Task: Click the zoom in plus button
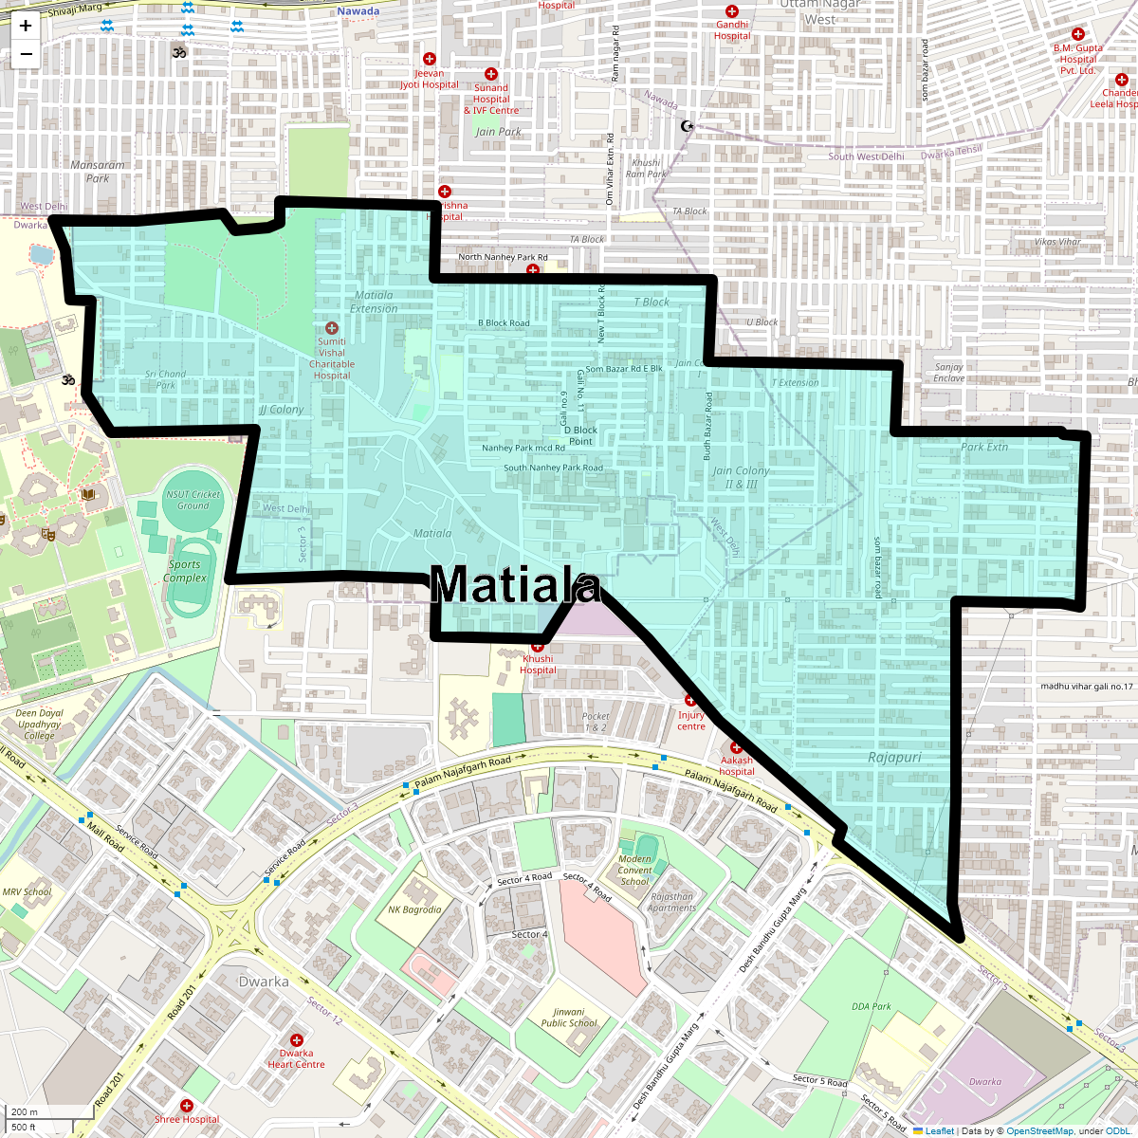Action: tap(26, 27)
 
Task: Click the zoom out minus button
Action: tap(26, 54)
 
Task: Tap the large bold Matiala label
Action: tap(516, 585)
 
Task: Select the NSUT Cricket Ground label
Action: tap(193, 500)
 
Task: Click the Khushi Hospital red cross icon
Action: tap(538, 646)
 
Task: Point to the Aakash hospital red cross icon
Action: tap(736, 747)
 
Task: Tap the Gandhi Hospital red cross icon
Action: tap(732, 11)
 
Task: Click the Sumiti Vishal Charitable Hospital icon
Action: tap(332, 328)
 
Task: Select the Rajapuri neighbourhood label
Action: tap(894, 758)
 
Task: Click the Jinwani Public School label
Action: tap(569, 1018)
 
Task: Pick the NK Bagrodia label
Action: tap(414, 909)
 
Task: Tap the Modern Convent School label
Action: tap(634, 870)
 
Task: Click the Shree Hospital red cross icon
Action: tap(187, 1106)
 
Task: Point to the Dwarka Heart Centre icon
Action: tap(297, 1040)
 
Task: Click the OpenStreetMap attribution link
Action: tap(1040, 1130)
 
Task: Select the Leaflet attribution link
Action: tap(939, 1130)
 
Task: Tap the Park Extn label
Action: tap(984, 447)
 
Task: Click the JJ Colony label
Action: tap(281, 410)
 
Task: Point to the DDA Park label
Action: tap(872, 1006)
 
